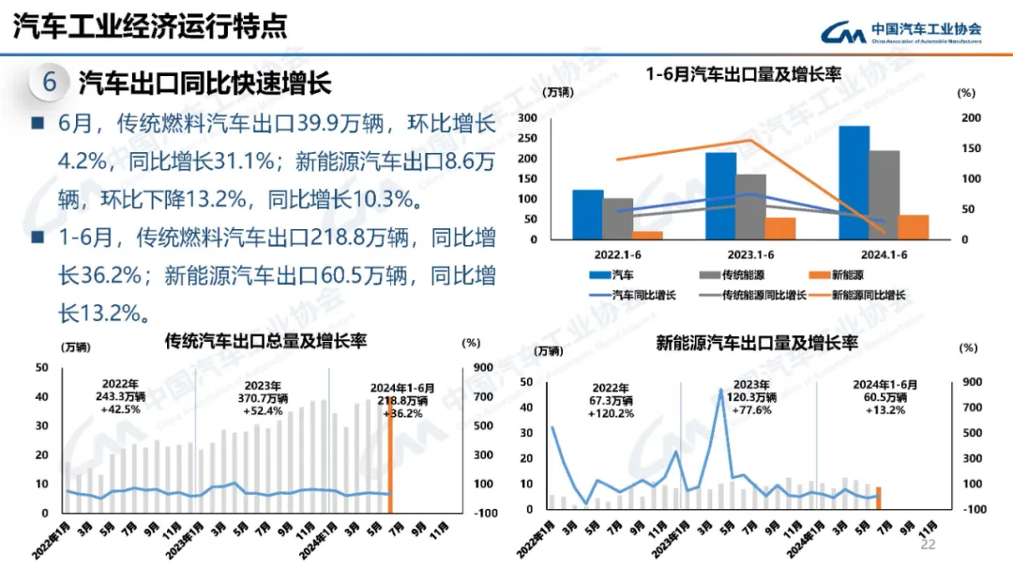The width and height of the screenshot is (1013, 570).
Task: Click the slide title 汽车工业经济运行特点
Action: pyautogui.click(x=150, y=26)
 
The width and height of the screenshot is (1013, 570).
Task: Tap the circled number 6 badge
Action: pyautogui.click(x=50, y=83)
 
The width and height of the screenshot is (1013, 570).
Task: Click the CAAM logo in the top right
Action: pyautogui.click(x=900, y=33)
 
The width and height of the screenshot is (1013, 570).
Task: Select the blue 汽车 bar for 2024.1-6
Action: pyautogui.click(x=854, y=182)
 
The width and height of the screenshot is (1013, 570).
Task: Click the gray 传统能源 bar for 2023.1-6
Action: pyautogui.click(x=750, y=207)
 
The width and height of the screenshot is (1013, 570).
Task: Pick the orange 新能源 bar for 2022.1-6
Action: pyautogui.click(x=647, y=235)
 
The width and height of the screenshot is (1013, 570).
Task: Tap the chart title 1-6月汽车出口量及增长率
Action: pyautogui.click(x=743, y=74)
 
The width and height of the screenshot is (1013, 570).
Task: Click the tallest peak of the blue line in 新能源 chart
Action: pyautogui.click(x=720, y=389)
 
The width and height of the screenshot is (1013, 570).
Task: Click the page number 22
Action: pyautogui.click(x=929, y=545)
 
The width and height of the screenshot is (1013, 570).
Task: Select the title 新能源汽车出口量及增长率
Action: pyautogui.click(x=757, y=344)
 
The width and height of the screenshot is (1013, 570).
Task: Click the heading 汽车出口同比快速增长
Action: pyautogui.click(x=204, y=84)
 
